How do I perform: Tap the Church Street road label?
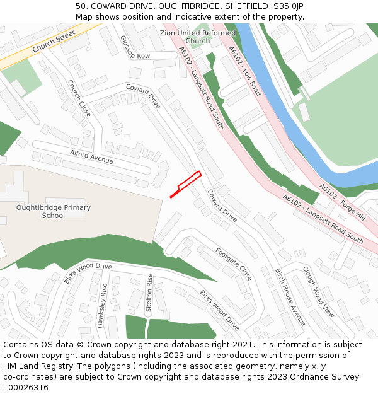click(x=54, y=41)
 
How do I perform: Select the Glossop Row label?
click(x=135, y=48)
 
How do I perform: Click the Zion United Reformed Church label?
click(x=198, y=37)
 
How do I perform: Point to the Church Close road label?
click(x=79, y=98)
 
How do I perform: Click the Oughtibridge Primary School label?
click(x=54, y=211)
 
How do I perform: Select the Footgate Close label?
click(x=234, y=264)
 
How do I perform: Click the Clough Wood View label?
click(x=319, y=291)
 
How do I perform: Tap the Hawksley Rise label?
click(x=101, y=305)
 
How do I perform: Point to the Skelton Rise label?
click(x=149, y=293)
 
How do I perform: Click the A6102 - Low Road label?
click(x=244, y=71)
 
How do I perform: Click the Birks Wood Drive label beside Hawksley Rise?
click(x=88, y=273)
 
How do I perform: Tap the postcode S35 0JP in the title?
click(x=289, y=6)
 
